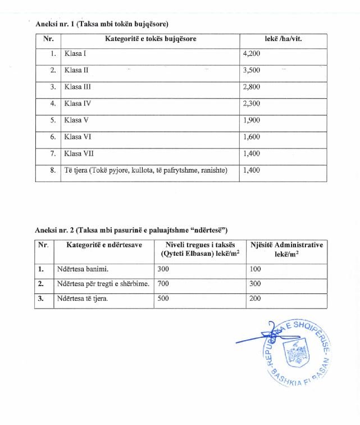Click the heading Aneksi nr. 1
tap(102, 24)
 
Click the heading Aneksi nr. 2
tap(131, 230)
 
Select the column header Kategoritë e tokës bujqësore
tap(151, 39)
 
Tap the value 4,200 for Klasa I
tap(251, 55)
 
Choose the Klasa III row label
tap(78, 87)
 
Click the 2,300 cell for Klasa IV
tap(251, 104)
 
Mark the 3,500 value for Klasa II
tap(251, 71)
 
